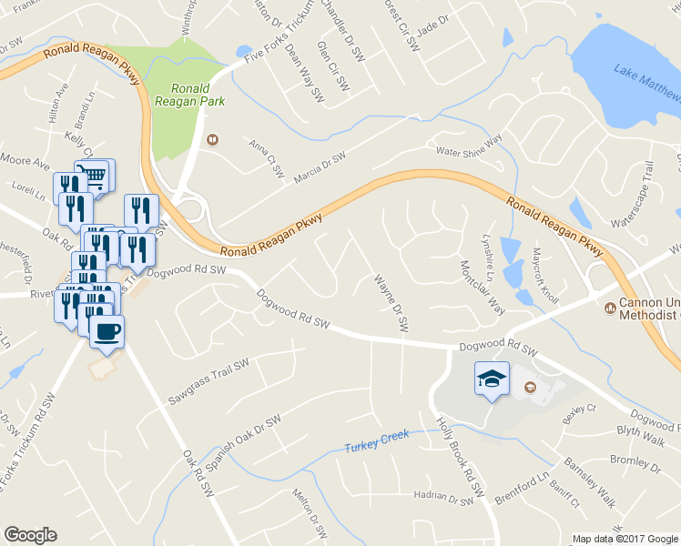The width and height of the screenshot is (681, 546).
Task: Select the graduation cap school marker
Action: pyautogui.click(x=492, y=378)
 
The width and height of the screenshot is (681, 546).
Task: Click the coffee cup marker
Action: pyautogui.click(x=107, y=332)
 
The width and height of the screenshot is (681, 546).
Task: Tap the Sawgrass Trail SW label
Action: pyautogui.click(x=208, y=383)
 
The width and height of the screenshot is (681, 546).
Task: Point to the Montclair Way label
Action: pyautogui.click(x=483, y=288)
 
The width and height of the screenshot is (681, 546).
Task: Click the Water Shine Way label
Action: pyautogui.click(x=470, y=146)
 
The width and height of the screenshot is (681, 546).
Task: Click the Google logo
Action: pyautogui.click(x=30, y=535)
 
